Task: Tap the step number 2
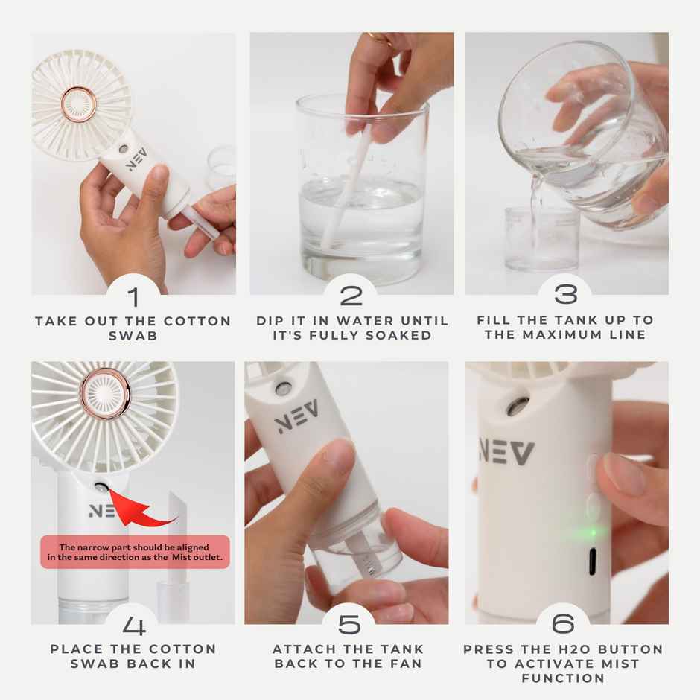click(351, 296)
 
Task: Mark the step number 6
click(566, 625)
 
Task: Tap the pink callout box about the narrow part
click(134, 552)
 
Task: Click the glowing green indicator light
click(592, 532)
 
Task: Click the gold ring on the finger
click(378, 38)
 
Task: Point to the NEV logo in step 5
click(297, 417)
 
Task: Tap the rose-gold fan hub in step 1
click(77, 104)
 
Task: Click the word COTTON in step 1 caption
click(197, 321)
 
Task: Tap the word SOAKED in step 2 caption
click(404, 335)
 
